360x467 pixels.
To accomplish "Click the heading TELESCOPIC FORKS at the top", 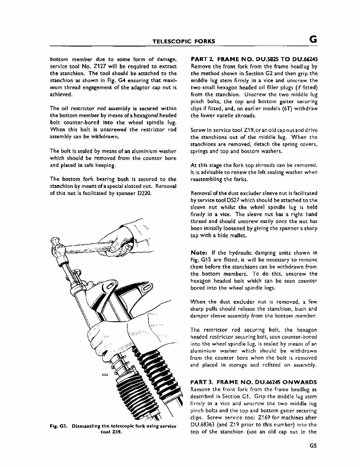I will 183,41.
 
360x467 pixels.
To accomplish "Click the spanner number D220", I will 143,193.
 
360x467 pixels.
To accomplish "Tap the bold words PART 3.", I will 203,382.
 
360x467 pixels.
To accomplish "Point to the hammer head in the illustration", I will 56,246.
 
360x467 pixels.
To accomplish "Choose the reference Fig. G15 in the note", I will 200,260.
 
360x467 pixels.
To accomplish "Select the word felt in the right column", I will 266,172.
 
